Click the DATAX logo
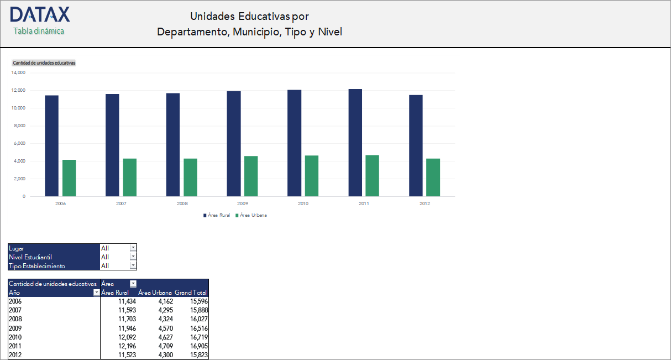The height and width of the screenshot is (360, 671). pyautogui.click(x=40, y=15)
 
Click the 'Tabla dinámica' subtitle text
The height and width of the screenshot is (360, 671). pyautogui.click(x=39, y=31)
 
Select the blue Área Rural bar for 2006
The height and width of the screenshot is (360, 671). pyautogui.click(x=51, y=146)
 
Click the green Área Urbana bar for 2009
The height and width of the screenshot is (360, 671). pyautogui.click(x=251, y=176)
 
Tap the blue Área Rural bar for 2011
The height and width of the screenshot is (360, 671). pyautogui.click(x=355, y=143)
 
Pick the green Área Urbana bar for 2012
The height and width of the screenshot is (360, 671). pyautogui.click(x=433, y=178)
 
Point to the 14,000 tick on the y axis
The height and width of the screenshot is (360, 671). pyautogui.click(x=19, y=72)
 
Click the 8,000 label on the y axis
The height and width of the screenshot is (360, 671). pyautogui.click(x=20, y=126)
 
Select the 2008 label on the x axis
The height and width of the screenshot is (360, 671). pyautogui.click(x=182, y=204)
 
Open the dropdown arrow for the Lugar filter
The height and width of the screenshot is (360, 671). pyautogui.click(x=133, y=248)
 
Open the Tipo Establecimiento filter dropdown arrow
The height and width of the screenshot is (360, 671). pyautogui.click(x=133, y=266)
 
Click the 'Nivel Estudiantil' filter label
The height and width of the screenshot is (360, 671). pyautogui.click(x=30, y=257)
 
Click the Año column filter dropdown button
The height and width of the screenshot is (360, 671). pyautogui.click(x=97, y=293)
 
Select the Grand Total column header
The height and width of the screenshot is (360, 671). pyautogui.click(x=191, y=293)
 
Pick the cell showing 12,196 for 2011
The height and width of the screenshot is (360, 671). pyautogui.click(x=127, y=346)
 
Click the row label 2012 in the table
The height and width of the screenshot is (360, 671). pyautogui.click(x=15, y=355)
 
